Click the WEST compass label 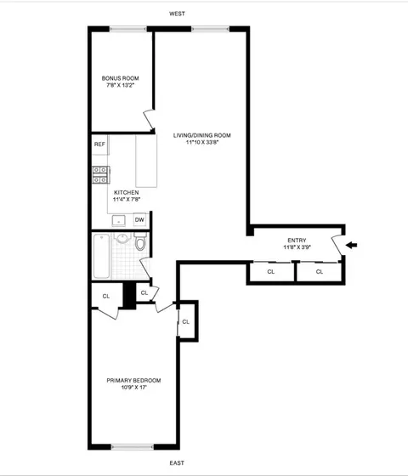177,14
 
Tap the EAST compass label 177,463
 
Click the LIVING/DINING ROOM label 201,135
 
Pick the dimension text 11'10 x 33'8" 201,143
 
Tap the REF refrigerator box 100,145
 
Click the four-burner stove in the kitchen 100,174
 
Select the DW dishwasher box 139,219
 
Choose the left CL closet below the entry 270,272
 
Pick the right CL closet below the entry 320,272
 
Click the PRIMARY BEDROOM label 133,380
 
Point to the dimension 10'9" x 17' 133,388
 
